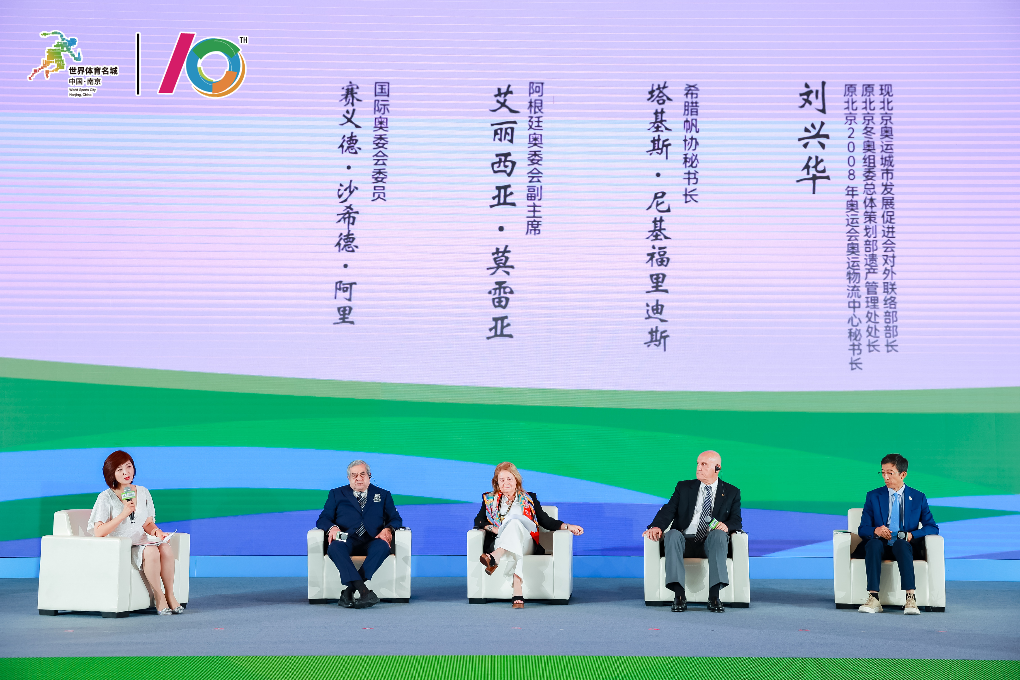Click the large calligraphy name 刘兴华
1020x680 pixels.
point(814,138)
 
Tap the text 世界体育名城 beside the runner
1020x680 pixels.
point(93,71)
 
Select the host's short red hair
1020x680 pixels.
point(118,467)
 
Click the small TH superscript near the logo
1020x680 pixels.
point(244,40)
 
